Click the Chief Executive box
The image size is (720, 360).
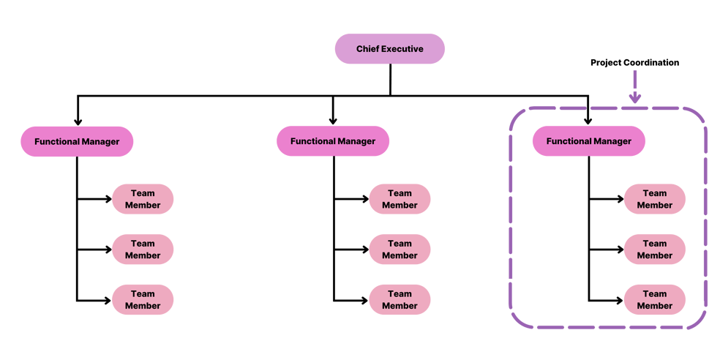coord(389,49)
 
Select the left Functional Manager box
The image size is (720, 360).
coord(77,141)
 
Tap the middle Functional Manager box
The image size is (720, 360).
coord(333,141)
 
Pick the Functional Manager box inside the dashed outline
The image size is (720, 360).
coord(588,141)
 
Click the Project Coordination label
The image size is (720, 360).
coord(634,63)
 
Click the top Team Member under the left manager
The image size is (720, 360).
coord(143,199)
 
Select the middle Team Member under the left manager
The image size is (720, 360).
coord(143,250)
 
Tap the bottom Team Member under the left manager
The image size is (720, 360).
coord(143,300)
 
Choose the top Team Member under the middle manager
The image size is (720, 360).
coord(400,199)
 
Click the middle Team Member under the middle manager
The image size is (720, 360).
coord(400,250)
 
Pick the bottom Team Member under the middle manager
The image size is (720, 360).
coord(400,300)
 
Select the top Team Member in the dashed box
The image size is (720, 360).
coord(654,199)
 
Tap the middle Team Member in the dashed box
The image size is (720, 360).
coord(654,250)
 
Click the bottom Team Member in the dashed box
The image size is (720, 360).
coord(654,300)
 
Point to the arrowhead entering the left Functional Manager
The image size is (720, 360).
coord(77,121)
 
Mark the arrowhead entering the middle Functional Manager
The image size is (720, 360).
coord(333,121)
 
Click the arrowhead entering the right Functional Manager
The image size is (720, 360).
coord(588,121)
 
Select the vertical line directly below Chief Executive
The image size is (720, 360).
coord(390,79)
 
